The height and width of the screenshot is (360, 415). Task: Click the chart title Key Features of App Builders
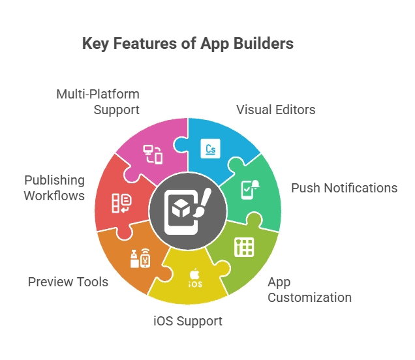pyautogui.click(x=187, y=44)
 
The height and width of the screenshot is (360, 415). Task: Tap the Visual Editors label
pyautogui.click(x=275, y=110)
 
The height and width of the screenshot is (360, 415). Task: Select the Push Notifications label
pyautogui.click(x=344, y=188)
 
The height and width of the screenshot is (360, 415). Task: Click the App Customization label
pyautogui.click(x=309, y=290)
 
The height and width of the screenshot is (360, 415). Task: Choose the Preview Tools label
pyautogui.click(x=68, y=282)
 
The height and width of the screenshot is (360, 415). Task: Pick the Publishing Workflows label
pyautogui.click(x=55, y=187)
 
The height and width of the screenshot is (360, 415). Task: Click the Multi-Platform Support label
pyautogui.click(x=97, y=102)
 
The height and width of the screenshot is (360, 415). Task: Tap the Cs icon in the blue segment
pyautogui.click(x=211, y=149)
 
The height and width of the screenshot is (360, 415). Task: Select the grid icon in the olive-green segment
pyautogui.click(x=244, y=247)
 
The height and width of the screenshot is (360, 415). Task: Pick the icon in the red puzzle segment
pyautogui.click(x=120, y=203)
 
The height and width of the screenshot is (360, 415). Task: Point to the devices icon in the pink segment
pyautogui.click(x=153, y=155)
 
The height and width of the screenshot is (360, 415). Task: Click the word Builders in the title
pyautogui.click(x=263, y=44)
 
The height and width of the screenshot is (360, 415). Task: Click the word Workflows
pyautogui.click(x=55, y=194)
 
